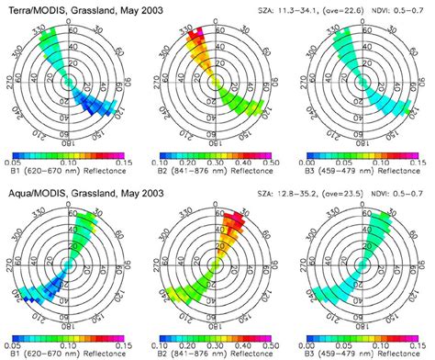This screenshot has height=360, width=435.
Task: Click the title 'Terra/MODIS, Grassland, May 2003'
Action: pos(73,7)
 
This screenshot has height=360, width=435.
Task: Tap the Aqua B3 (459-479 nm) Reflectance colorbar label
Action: pos(362,350)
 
